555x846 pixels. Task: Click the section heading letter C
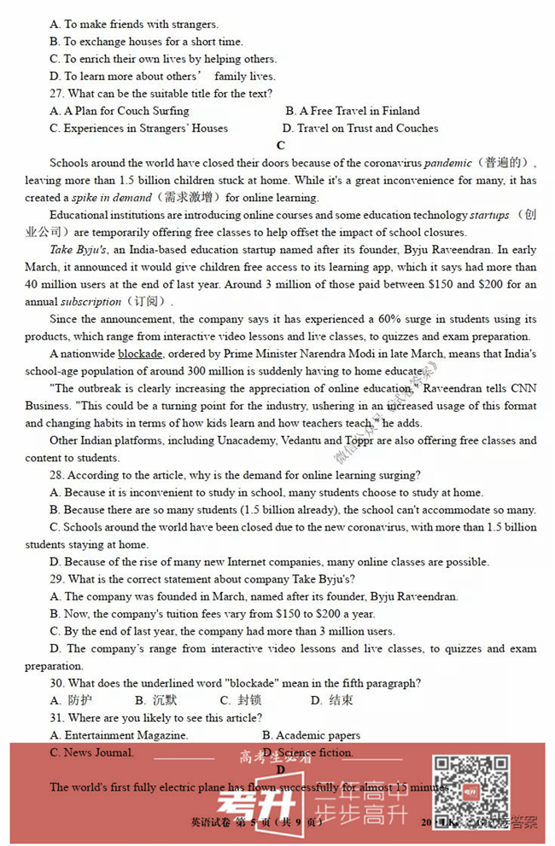tap(281, 146)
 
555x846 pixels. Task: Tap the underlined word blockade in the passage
tap(141, 354)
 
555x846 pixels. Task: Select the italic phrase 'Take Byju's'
tap(78, 250)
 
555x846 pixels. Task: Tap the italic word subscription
tap(91, 302)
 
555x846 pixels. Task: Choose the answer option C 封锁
tap(242, 701)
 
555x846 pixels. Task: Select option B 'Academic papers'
tap(311, 735)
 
